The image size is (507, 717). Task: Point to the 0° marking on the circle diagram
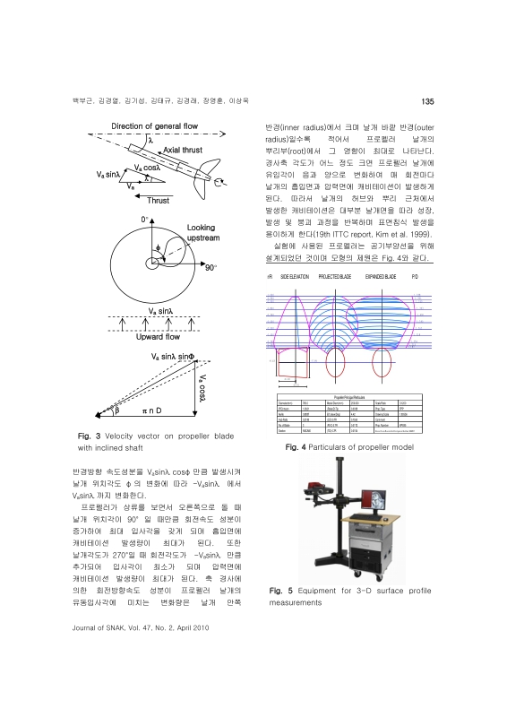143,219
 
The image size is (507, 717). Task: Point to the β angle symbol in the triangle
115,412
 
